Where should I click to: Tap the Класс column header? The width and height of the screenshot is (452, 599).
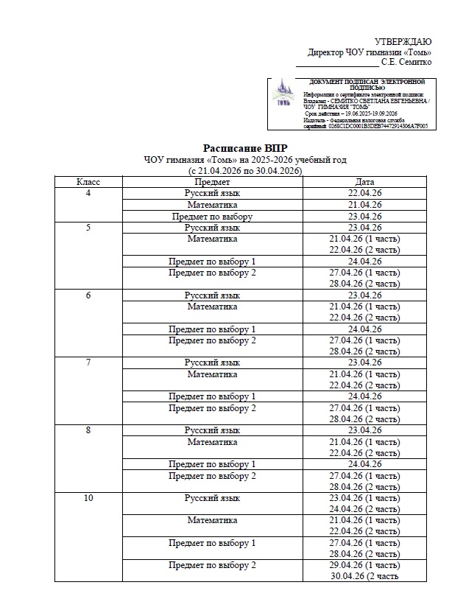click(88, 182)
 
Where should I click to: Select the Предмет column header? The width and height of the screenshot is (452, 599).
click(212, 182)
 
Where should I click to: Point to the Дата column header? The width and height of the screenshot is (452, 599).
click(364, 182)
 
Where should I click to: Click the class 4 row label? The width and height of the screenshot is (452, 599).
click(88, 193)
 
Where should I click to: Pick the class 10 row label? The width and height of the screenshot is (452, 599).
click(88, 498)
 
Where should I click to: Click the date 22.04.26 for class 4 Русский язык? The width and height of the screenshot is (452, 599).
click(364, 193)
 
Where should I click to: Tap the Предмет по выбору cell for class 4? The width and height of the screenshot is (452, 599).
click(212, 217)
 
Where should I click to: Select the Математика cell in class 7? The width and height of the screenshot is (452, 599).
click(212, 374)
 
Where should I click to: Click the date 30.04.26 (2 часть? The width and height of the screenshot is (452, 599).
click(366, 577)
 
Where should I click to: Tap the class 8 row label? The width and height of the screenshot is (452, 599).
click(88, 430)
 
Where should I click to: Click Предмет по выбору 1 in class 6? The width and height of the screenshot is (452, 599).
click(212, 329)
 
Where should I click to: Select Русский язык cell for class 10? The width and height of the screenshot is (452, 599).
click(212, 498)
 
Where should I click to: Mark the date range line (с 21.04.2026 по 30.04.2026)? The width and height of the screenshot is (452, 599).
click(246, 171)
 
